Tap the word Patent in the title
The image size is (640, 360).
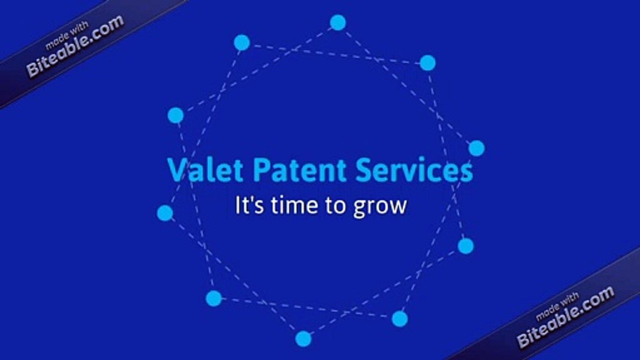click(299, 170)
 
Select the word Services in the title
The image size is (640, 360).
click(414, 170)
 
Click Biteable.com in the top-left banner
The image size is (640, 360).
click(75, 46)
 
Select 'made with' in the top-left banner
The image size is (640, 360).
click(66, 36)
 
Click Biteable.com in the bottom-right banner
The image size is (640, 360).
click(565, 317)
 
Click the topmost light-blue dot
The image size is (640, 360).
click(338, 22)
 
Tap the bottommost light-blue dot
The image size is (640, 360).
click(303, 338)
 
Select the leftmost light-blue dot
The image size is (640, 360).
click(165, 213)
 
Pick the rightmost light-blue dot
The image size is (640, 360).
click(476, 148)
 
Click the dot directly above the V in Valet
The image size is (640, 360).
click(175, 115)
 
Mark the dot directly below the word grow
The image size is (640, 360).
click(399, 318)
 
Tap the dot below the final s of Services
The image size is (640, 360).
click(465, 245)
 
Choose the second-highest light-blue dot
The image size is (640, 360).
click(242, 42)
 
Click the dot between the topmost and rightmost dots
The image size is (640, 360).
click(427, 62)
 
